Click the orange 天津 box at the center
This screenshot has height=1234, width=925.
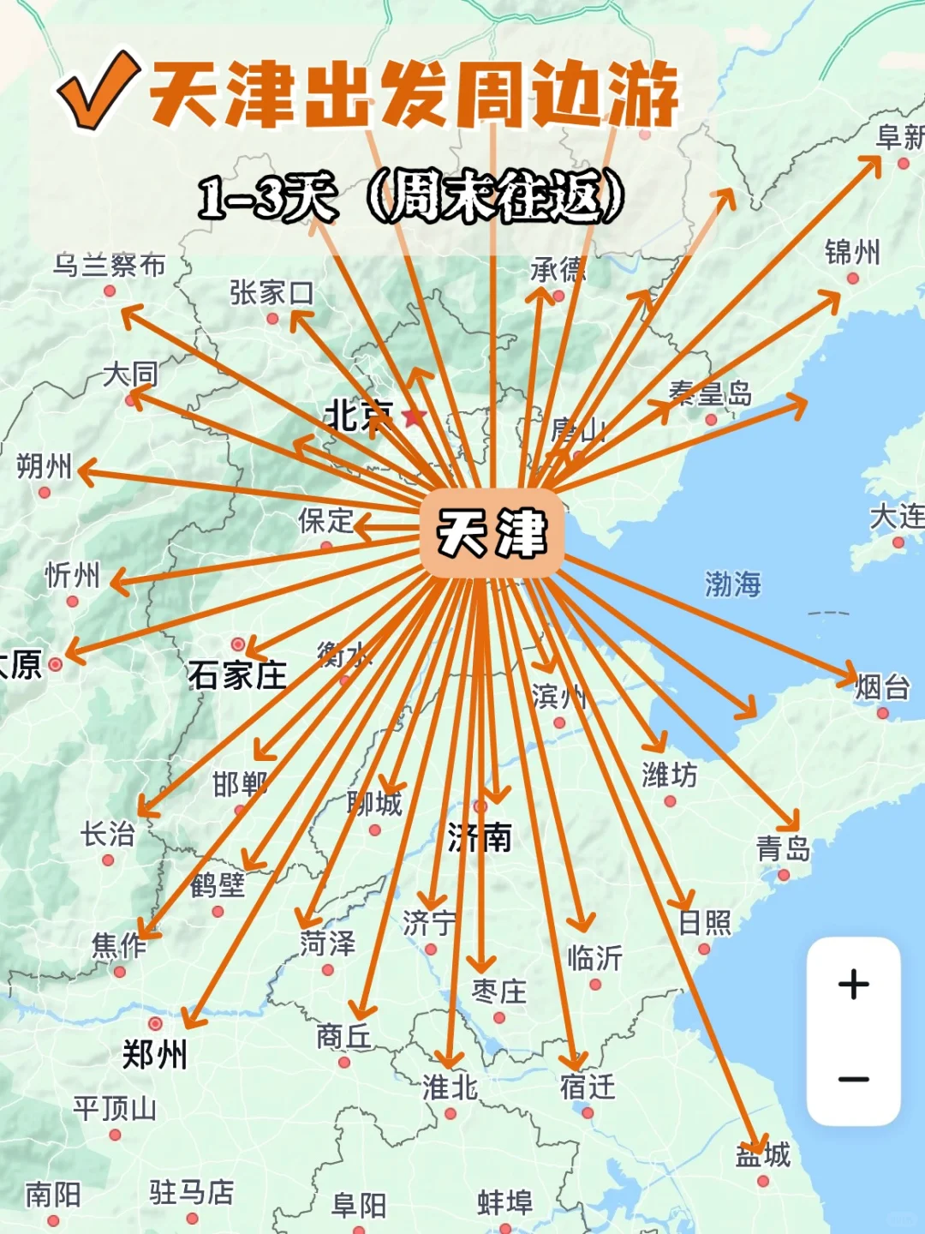pos(492,532)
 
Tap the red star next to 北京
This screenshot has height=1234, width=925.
pos(414,417)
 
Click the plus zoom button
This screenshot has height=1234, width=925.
pos(853,985)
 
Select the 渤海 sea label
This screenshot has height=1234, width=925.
pos(732,584)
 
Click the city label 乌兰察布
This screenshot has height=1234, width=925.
pos(109,266)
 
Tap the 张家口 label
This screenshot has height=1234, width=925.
pos(271,293)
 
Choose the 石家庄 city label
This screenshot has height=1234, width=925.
pos(237,675)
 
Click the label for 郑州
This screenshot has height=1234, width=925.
pos(154,1054)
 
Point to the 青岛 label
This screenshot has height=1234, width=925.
pos(783,849)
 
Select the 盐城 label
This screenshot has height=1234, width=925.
pos(762,1155)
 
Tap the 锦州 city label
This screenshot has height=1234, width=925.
pos(851,253)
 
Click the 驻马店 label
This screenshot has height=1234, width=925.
pos(191,1191)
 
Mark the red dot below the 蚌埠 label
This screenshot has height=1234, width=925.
pos(504,1228)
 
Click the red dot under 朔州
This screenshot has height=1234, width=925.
pos(45,492)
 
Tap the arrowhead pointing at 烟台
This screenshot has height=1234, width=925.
pos(849,674)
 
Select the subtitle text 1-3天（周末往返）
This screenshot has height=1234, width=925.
pos(411,197)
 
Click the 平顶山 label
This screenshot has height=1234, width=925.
pos(114,1109)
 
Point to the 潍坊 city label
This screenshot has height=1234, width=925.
pos(669,776)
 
